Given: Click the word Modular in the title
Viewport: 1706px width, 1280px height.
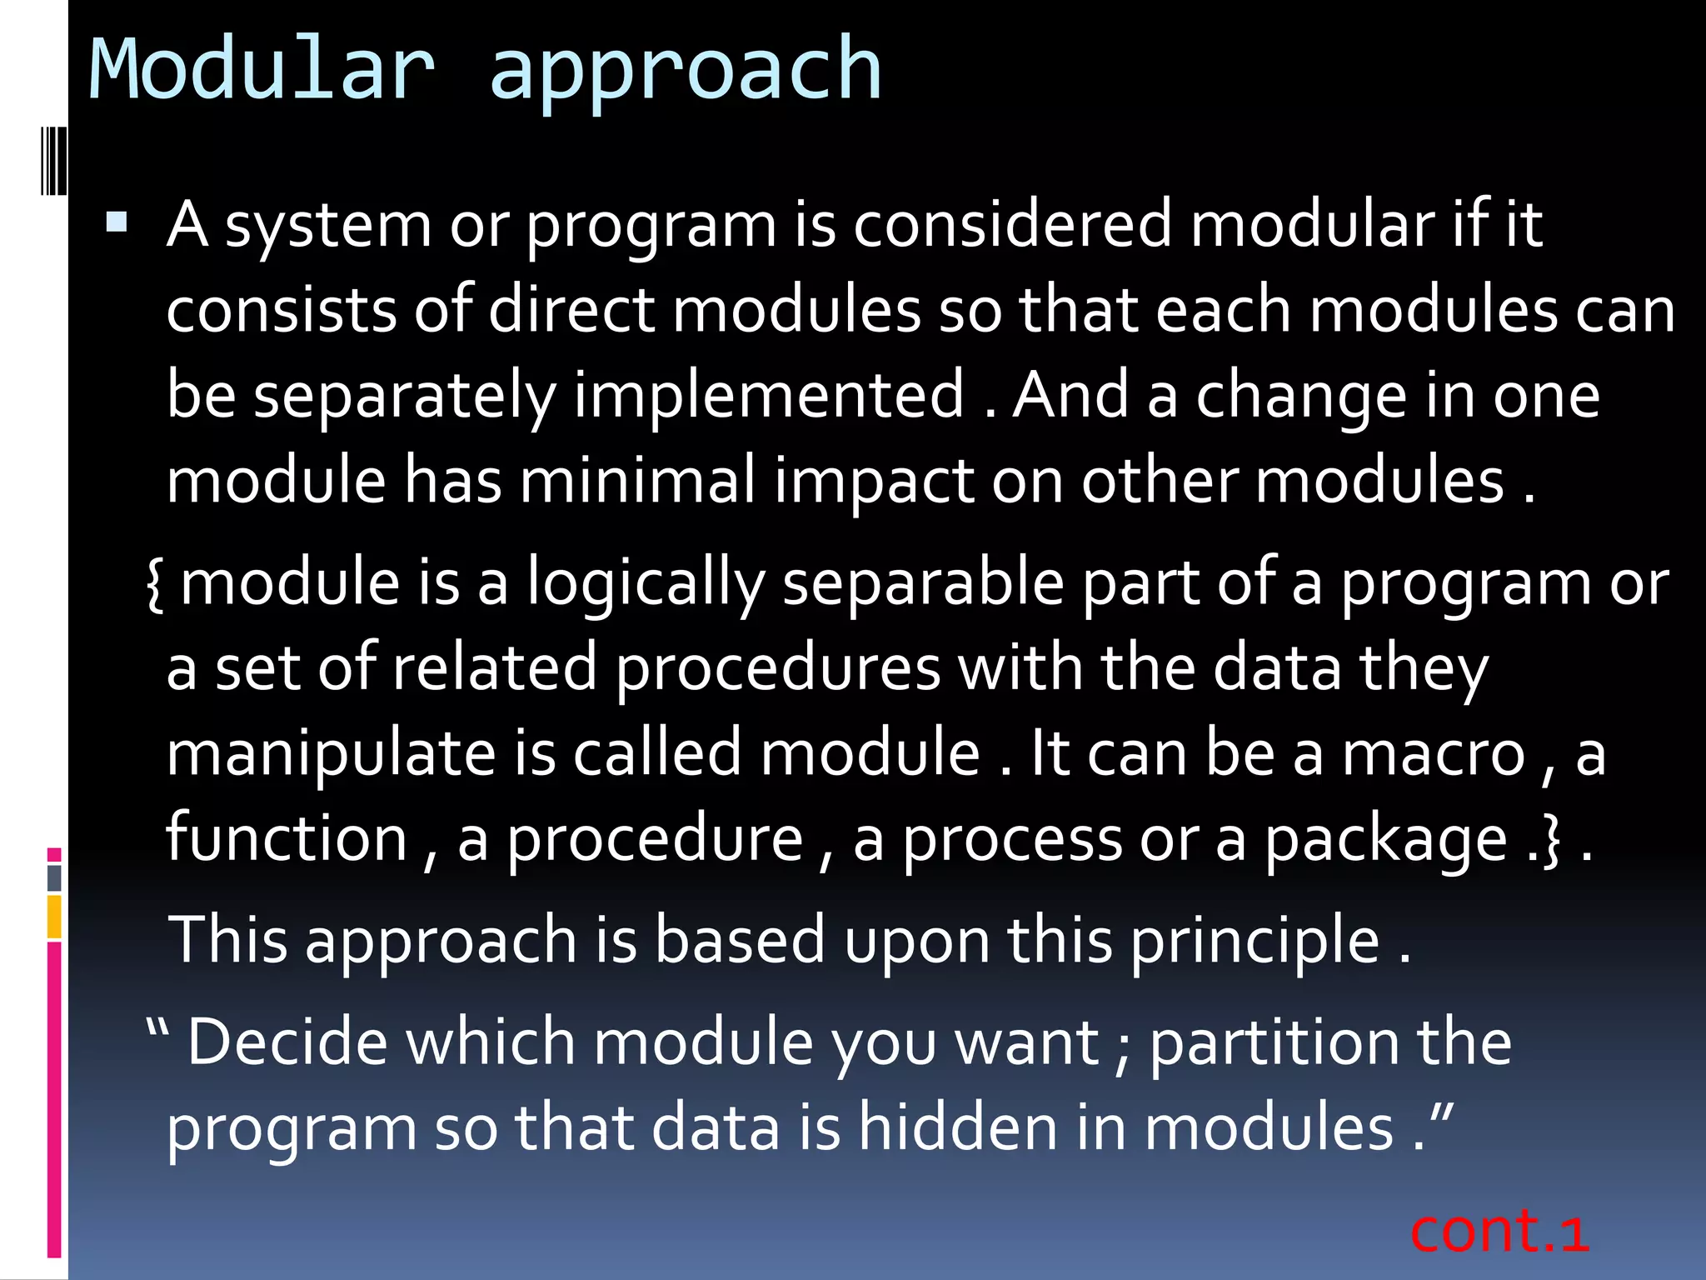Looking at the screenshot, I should (x=262, y=70).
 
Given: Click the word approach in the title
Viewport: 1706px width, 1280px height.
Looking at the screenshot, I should (x=685, y=73).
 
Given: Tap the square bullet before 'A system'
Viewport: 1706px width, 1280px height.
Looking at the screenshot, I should (x=117, y=222).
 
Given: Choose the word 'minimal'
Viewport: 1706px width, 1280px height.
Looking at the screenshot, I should (x=637, y=481).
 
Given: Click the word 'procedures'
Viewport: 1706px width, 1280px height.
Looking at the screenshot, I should (x=778, y=669).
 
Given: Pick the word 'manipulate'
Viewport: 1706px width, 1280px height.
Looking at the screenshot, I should (x=331, y=755).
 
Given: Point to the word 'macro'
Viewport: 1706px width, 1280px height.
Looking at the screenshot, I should (x=1434, y=753).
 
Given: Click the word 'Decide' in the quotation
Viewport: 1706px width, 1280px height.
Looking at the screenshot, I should (x=287, y=1042).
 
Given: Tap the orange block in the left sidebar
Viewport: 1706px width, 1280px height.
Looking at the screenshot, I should (x=54, y=917).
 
